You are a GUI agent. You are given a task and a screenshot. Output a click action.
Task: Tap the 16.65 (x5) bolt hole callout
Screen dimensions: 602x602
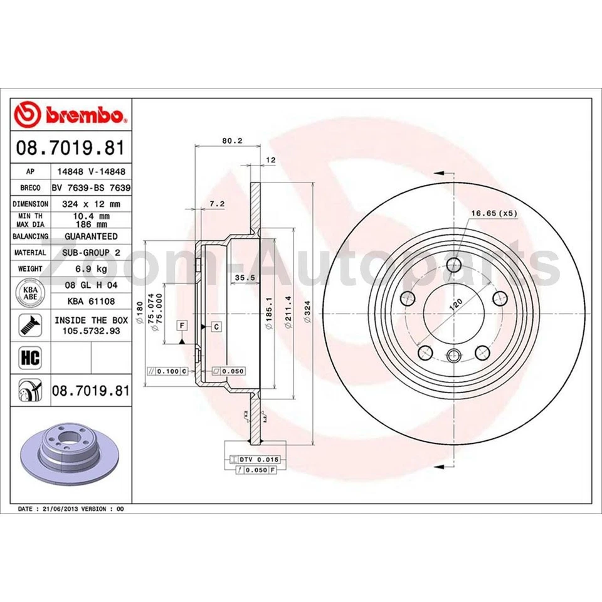tap(494, 213)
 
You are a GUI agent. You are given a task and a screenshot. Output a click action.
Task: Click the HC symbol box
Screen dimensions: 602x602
tap(31, 358)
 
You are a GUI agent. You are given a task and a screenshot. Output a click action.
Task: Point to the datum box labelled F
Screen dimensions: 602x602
tap(182, 325)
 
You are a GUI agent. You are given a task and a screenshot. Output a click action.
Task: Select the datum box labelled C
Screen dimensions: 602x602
tap(215, 326)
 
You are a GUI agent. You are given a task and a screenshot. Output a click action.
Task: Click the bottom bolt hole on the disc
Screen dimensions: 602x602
tap(455, 356)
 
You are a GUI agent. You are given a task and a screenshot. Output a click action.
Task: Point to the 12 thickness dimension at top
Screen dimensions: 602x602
tap(271, 161)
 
